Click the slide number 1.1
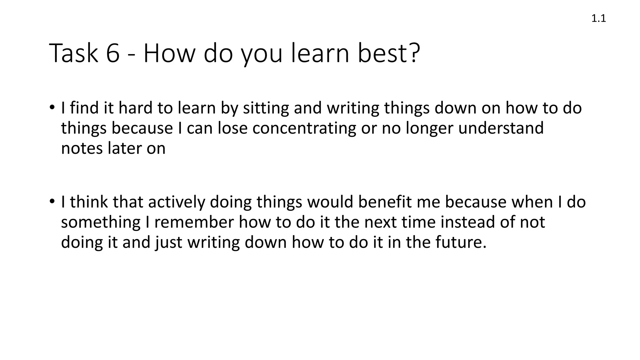tap(598, 19)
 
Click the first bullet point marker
tap(52, 107)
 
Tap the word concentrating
tap(304, 128)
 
